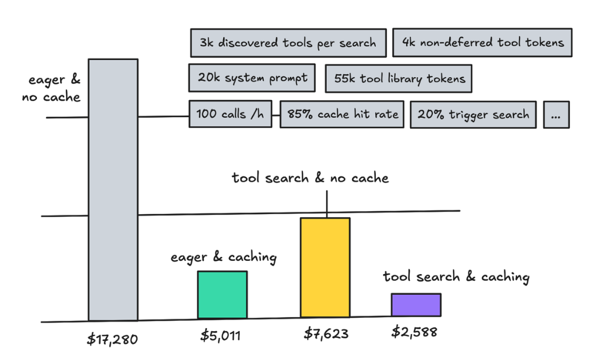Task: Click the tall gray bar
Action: tap(113, 190)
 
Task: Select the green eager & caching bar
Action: tap(222, 295)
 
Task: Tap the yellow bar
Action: tap(325, 268)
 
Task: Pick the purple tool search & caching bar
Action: tap(416, 305)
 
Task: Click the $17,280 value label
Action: tap(112, 339)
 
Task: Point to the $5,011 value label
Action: tap(221, 336)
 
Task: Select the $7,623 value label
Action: tap(326, 334)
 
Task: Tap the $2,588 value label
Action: tap(414, 332)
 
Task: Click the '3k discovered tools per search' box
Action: tap(288, 43)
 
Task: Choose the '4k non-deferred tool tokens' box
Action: tap(483, 43)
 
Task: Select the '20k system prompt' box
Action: tap(252, 78)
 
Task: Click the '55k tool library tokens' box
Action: tap(399, 79)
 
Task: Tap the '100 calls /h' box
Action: tap(230, 114)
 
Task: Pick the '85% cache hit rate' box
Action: tap(342, 114)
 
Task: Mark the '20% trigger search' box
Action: tap(473, 115)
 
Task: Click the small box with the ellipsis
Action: tap(556, 115)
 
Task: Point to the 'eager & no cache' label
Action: tap(51, 88)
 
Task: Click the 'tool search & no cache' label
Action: tap(310, 178)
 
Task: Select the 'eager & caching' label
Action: tap(224, 257)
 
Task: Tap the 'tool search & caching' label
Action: tap(456, 277)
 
